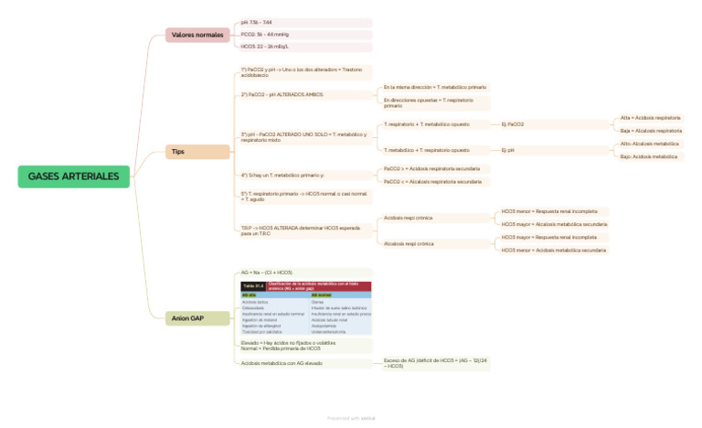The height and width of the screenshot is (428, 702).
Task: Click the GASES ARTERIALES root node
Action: click(x=73, y=176)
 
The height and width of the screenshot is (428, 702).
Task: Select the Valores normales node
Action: click(x=197, y=35)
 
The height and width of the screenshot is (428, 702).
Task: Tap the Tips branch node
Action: click(x=178, y=151)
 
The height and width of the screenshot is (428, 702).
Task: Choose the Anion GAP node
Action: click(x=188, y=318)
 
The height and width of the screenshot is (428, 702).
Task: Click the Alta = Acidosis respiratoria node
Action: click(x=650, y=118)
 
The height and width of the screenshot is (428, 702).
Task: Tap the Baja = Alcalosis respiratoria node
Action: click(x=650, y=131)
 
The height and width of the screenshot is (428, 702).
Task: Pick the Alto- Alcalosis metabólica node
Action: click(x=650, y=144)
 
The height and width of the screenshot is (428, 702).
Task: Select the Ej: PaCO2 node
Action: click(x=513, y=124)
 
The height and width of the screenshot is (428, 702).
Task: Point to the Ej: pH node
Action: click(x=508, y=150)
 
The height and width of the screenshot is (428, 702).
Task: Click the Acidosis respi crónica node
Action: click(x=409, y=219)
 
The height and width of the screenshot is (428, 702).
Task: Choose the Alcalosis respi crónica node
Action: click(x=409, y=244)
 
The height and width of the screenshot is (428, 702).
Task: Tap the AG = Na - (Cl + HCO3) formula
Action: click(x=267, y=273)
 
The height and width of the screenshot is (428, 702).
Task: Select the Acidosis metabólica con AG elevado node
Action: click(x=282, y=363)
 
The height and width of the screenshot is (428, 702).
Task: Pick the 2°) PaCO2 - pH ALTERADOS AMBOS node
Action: click(x=270, y=94)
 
